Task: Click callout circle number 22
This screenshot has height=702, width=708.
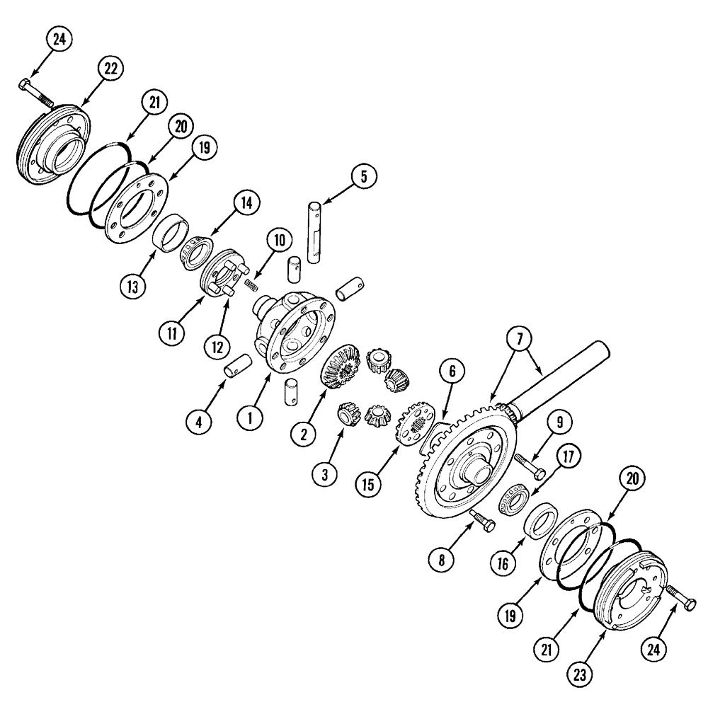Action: (x=110, y=69)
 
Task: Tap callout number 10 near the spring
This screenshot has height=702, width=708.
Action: (x=279, y=240)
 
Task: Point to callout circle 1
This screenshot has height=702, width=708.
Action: (x=250, y=418)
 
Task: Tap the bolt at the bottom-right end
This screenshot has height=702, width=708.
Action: (x=680, y=603)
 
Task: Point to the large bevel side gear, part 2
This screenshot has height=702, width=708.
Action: (x=337, y=367)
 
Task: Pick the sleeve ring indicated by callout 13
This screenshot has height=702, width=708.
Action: (x=170, y=234)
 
